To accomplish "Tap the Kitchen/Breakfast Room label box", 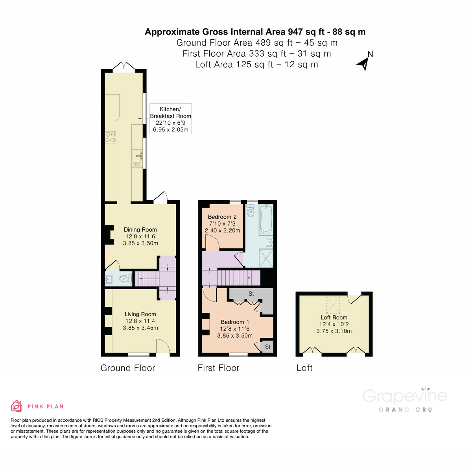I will [170, 119].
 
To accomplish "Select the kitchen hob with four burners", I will [110, 136].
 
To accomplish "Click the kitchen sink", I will [137, 156].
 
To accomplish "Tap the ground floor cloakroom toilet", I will [125, 279].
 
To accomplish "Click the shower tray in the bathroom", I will [266, 258].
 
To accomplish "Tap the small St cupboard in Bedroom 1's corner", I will [267, 347].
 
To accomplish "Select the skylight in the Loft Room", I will [334, 303].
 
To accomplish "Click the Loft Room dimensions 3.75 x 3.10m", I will [334, 331].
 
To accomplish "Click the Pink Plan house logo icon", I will [17, 406].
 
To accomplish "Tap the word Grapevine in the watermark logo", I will [405, 396].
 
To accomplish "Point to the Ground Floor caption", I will [128, 368].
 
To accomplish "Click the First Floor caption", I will [218, 368].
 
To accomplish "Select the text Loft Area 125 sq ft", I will [234, 65].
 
